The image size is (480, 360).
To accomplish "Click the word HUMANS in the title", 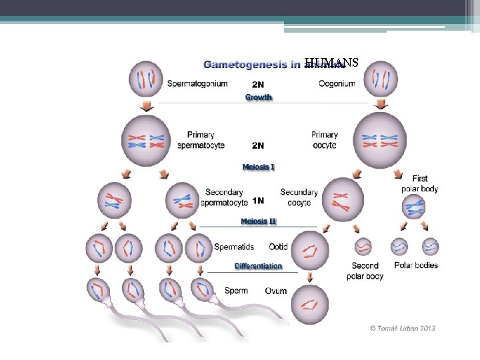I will [x=331, y=63].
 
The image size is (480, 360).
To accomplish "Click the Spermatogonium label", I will [x=197, y=83].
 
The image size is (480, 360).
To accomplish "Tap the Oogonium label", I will [x=337, y=83].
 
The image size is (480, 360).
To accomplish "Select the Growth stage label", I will [x=258, y=97].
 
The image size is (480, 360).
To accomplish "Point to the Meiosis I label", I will [x=258, y=166].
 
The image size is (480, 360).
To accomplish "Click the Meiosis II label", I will [x=258, y=221].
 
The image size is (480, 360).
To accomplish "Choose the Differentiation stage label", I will [x=258, y=266].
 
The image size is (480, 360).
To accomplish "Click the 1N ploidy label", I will [x=258, y=201].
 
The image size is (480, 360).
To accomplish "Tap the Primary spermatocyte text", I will [x=201, y=140].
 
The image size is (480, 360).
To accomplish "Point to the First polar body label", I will [x=419, y=184].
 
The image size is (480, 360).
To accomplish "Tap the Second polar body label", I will [x=365, y=271].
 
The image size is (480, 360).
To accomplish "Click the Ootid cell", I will [x=310, y=250].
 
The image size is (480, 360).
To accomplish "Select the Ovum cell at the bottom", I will [x=309, y=303].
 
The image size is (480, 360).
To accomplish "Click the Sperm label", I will [x=236, y=291].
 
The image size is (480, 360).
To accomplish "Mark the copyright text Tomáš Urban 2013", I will [x=403, y=329].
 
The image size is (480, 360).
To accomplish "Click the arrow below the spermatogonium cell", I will [x=146, y=107].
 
